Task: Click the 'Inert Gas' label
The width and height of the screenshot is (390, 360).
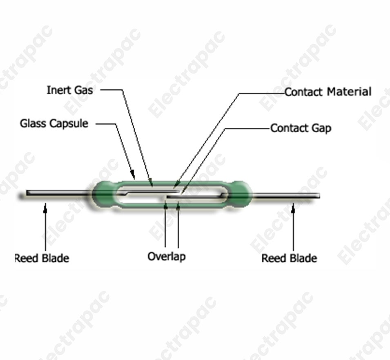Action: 69,90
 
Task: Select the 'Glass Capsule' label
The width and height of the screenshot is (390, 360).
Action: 54,123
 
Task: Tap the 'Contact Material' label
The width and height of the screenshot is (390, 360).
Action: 328,92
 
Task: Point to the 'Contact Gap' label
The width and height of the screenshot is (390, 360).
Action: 301,128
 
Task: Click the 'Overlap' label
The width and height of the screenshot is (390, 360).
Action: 166,256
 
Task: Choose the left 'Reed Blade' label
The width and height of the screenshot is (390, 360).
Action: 42,258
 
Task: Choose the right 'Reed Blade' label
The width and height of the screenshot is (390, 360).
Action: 289,258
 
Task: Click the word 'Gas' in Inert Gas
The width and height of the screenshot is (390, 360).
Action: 83,90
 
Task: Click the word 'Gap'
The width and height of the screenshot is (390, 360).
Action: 322,128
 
